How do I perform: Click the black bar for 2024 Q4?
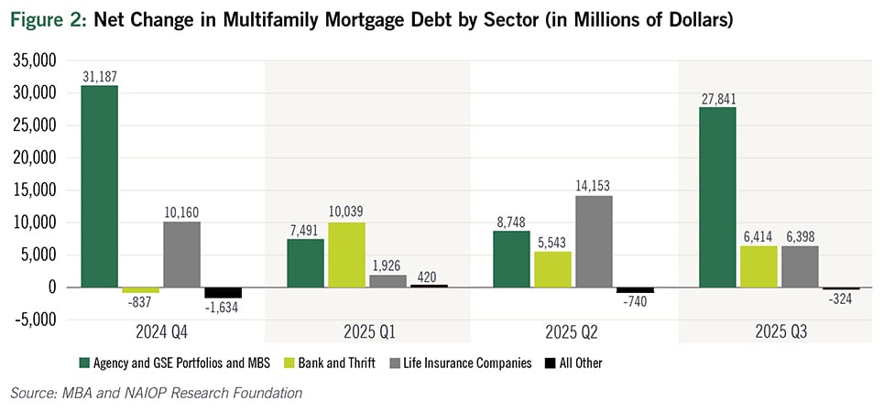(223, 292)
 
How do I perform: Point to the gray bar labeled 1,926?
(387, 281)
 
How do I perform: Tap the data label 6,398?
(800, 236)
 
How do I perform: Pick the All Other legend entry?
(573, 363)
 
